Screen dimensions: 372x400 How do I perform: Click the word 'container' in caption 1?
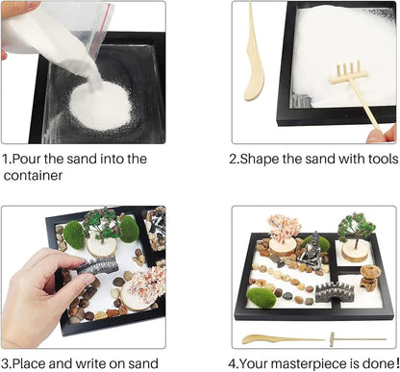pyautogui.click(x=35, y=175)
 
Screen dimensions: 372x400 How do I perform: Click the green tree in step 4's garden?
pyautogui.click(x=357, y=227)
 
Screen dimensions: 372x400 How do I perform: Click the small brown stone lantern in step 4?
pyautogui.click(x=369, y=277)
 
